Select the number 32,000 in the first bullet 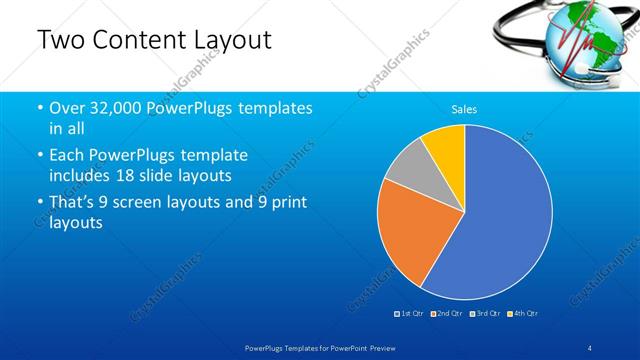point(116,108)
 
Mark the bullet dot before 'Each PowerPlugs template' point(39,156)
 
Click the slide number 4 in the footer point(590,346)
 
